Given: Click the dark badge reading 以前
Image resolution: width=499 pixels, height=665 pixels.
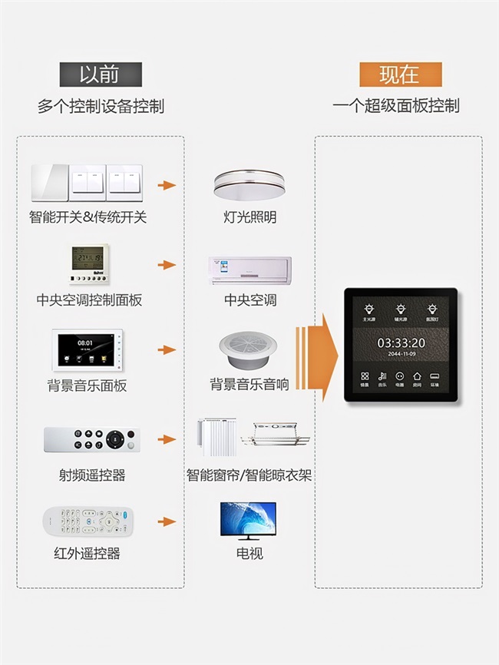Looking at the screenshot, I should [x=101, y=74].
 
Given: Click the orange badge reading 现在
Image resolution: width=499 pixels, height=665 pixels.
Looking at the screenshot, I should [x=399, y=74].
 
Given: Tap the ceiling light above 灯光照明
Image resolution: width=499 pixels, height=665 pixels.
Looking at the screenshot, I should [x=250, y=184].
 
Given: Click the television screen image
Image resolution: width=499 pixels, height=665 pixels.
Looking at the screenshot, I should [x=248, y=521].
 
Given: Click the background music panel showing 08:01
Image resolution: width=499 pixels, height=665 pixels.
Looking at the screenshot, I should [x=88, y=350].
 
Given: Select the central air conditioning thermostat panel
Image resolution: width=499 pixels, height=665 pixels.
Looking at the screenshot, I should [x=89, y=266].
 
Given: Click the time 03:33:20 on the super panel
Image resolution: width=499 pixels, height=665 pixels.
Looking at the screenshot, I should [x=401, y=342].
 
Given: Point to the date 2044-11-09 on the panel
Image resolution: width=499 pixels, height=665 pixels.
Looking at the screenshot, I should [x=401, y=354].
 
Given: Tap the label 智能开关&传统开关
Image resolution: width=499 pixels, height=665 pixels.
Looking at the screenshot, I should [x=88, y=217].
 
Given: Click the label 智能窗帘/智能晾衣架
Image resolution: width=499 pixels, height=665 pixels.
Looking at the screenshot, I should [x=249, y=475].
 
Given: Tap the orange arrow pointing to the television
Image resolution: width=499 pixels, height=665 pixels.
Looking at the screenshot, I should [x=167, y=521].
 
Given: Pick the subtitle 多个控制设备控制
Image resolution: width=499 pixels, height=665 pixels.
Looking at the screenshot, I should [x=101, y=106].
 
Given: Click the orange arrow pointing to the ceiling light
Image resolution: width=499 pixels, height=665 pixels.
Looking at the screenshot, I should [x=167, y=185].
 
